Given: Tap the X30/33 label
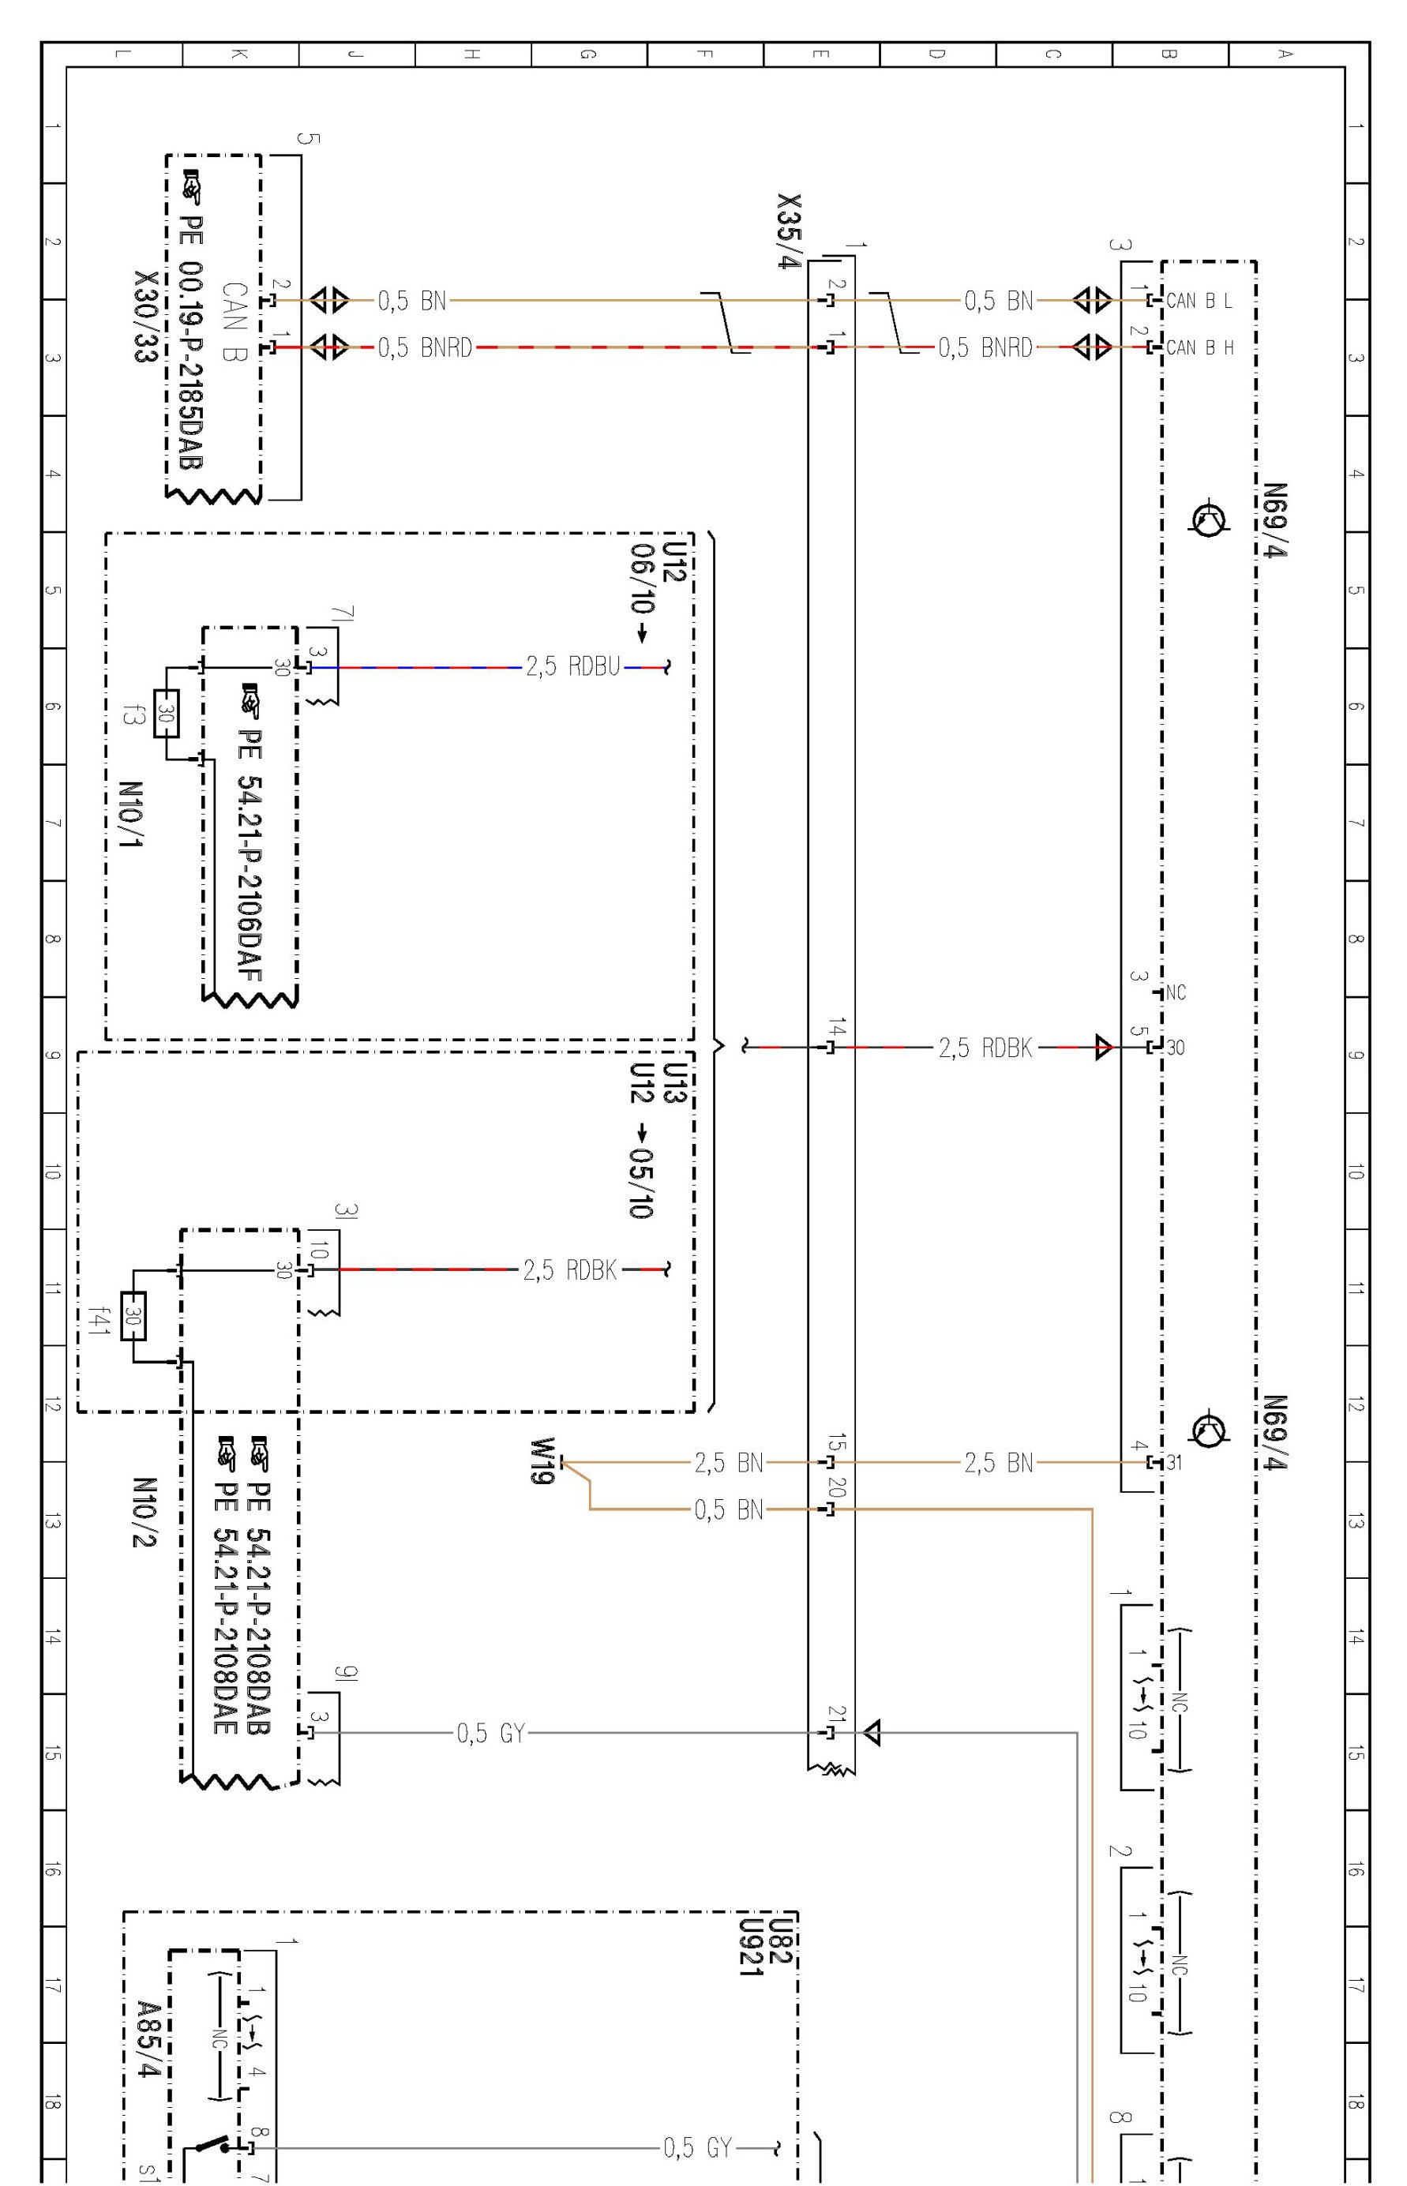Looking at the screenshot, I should point(146,316).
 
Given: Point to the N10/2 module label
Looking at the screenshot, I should point(144,1513).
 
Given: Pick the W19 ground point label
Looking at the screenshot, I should point(542,1461).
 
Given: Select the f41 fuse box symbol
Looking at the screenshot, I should point(133,1316).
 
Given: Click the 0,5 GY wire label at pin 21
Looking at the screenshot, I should point(490,1733).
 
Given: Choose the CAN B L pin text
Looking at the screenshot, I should point(1199,301).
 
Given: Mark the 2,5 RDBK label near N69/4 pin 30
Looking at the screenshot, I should point(985,1048).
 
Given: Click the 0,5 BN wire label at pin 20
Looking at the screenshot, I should point(728,1510).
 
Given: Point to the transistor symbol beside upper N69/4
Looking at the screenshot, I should point(1208,519).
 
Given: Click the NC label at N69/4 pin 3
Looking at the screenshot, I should point(1176,993).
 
